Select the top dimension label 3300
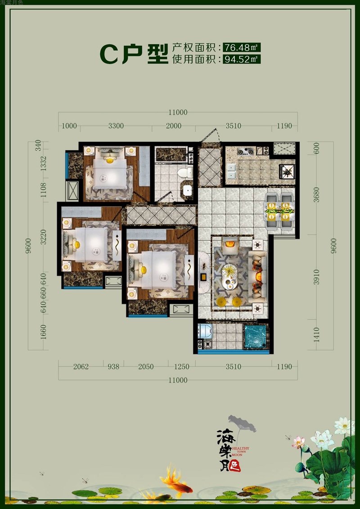[116, 126]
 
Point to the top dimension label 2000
[174, 126]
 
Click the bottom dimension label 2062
[81, 366]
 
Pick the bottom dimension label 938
[113, 366]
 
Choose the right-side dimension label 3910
[316, 277]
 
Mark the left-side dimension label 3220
[44, 237]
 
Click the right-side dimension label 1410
[316, 335]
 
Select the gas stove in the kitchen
[245, 151]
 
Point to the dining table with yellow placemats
[280, 212]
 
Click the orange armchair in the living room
[230, 243]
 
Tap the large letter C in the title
[109, 54]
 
